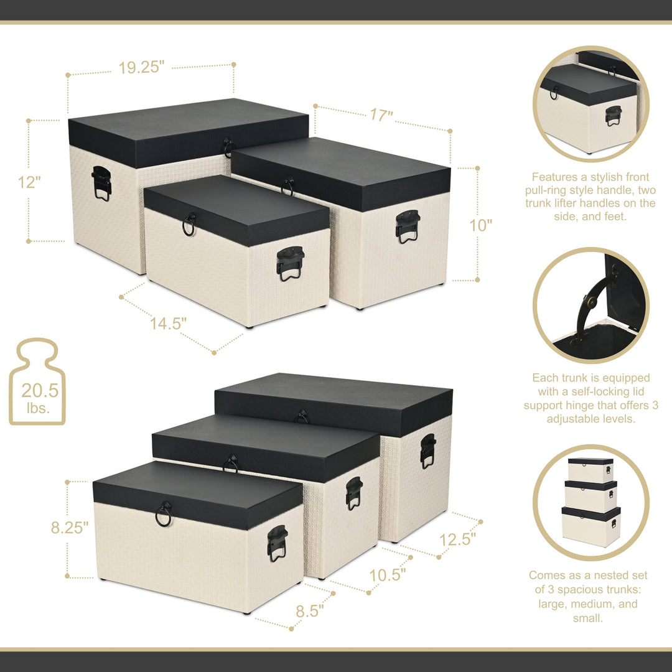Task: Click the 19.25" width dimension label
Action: [x=141, y=68]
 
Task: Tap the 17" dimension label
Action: [x=381, y=115]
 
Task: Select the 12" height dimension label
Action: [x=29, y=182]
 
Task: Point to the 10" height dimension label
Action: [x=480, y=225]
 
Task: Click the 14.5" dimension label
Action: [x=168, y=324]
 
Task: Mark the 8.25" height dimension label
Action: [x=69, y=528]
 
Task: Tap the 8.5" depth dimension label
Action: [x=309, y=611]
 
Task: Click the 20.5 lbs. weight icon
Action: [x=37, y=382]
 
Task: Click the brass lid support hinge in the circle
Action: [x=590, y=304]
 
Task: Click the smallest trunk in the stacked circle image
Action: [x=590, y=470]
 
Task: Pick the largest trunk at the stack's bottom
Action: [x=590, y=526]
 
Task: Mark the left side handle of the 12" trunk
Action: [x=101, y=183]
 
